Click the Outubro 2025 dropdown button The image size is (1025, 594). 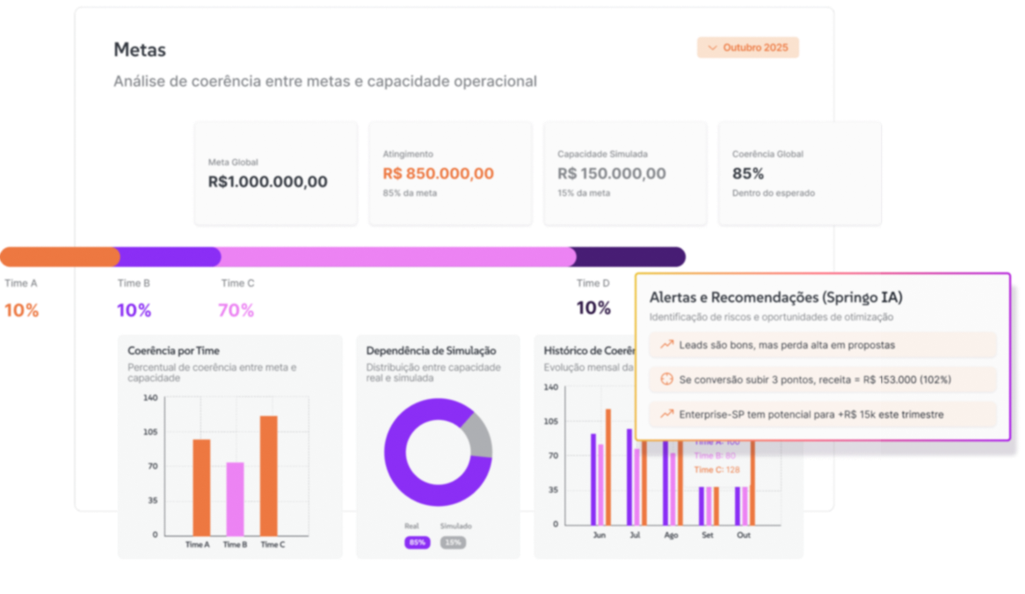(748, 47)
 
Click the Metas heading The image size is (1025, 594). (140, 50)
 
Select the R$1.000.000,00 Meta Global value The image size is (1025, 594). (267, 182)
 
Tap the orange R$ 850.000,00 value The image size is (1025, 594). (438, 174)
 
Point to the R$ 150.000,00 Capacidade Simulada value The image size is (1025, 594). (611, 174)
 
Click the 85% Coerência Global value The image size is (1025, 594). (748, 174)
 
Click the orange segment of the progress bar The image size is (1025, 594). (58, 257)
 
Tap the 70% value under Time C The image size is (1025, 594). (236, 310)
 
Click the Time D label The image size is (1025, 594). (593, 283)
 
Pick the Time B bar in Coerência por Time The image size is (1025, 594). (235, 498)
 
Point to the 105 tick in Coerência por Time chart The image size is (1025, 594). (150, 432)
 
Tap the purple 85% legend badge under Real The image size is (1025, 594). (417, 542)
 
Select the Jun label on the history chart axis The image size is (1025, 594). (600, 534)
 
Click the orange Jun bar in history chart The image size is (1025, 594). (607, 466)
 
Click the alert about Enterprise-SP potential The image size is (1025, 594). (823, 414)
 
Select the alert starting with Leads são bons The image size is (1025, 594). (823, 345)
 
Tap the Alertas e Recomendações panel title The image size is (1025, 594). (775, 298)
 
